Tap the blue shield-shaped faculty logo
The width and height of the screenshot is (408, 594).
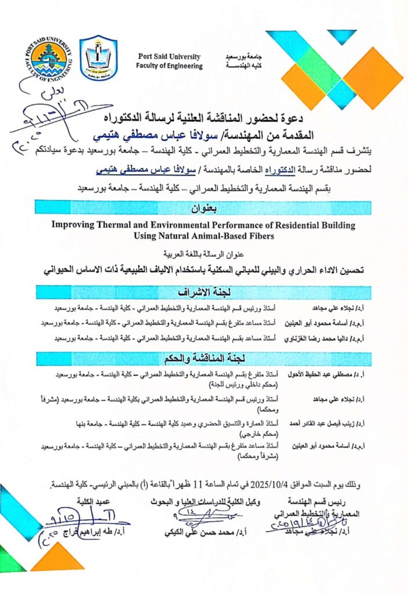(98, 58)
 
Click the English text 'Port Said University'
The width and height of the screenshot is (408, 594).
(169, 57)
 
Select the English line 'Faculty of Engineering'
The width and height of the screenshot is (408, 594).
(169, 66)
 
